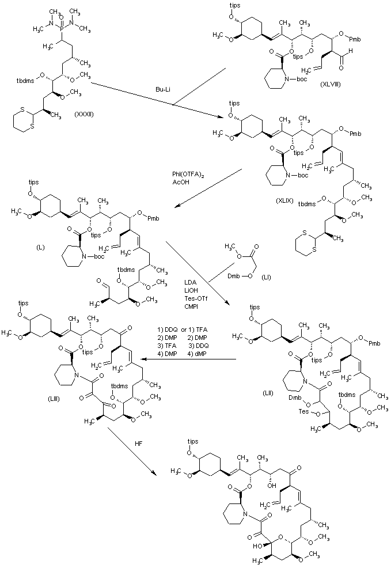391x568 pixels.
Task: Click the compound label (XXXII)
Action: tap(84, 113)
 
